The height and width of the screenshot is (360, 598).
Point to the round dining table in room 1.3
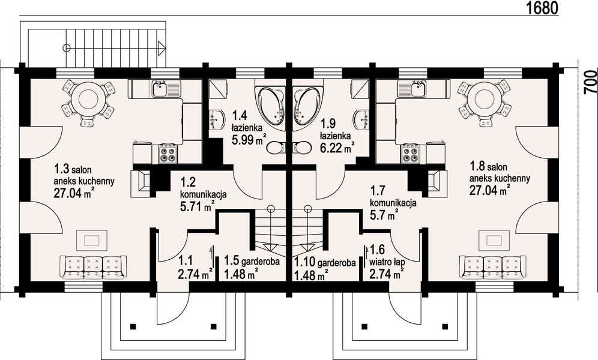pyautogui.click(x=88, y=98)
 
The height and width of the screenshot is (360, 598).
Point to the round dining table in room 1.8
pyautogui.click(x=484, y=98)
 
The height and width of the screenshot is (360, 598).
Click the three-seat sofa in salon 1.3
pyautogui.click(x=93, y=265)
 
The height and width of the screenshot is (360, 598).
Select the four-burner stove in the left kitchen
pyautogui.click(x=168, y=155)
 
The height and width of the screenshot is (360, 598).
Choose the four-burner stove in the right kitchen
pyautogui.click(x=410, y=155)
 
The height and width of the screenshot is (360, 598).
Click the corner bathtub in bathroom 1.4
pyautogui.click(x=271, y=105)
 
